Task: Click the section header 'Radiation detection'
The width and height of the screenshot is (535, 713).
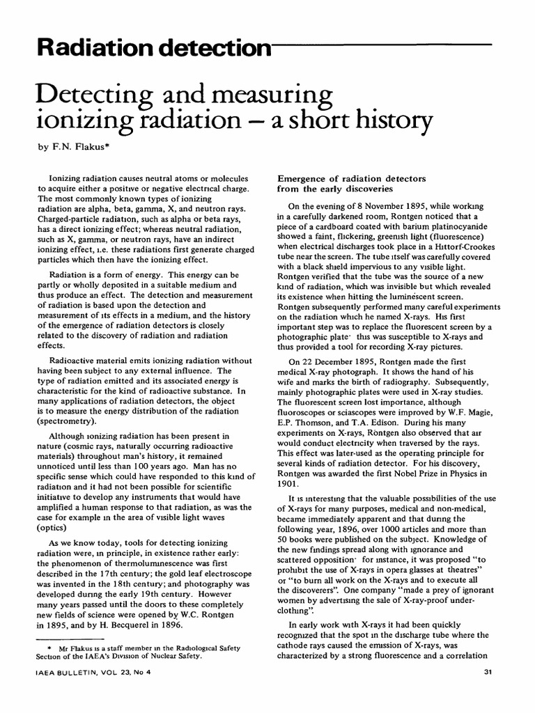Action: click(x=139, y=48)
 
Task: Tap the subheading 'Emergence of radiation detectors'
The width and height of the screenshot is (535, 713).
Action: click(x=352, y=179)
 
